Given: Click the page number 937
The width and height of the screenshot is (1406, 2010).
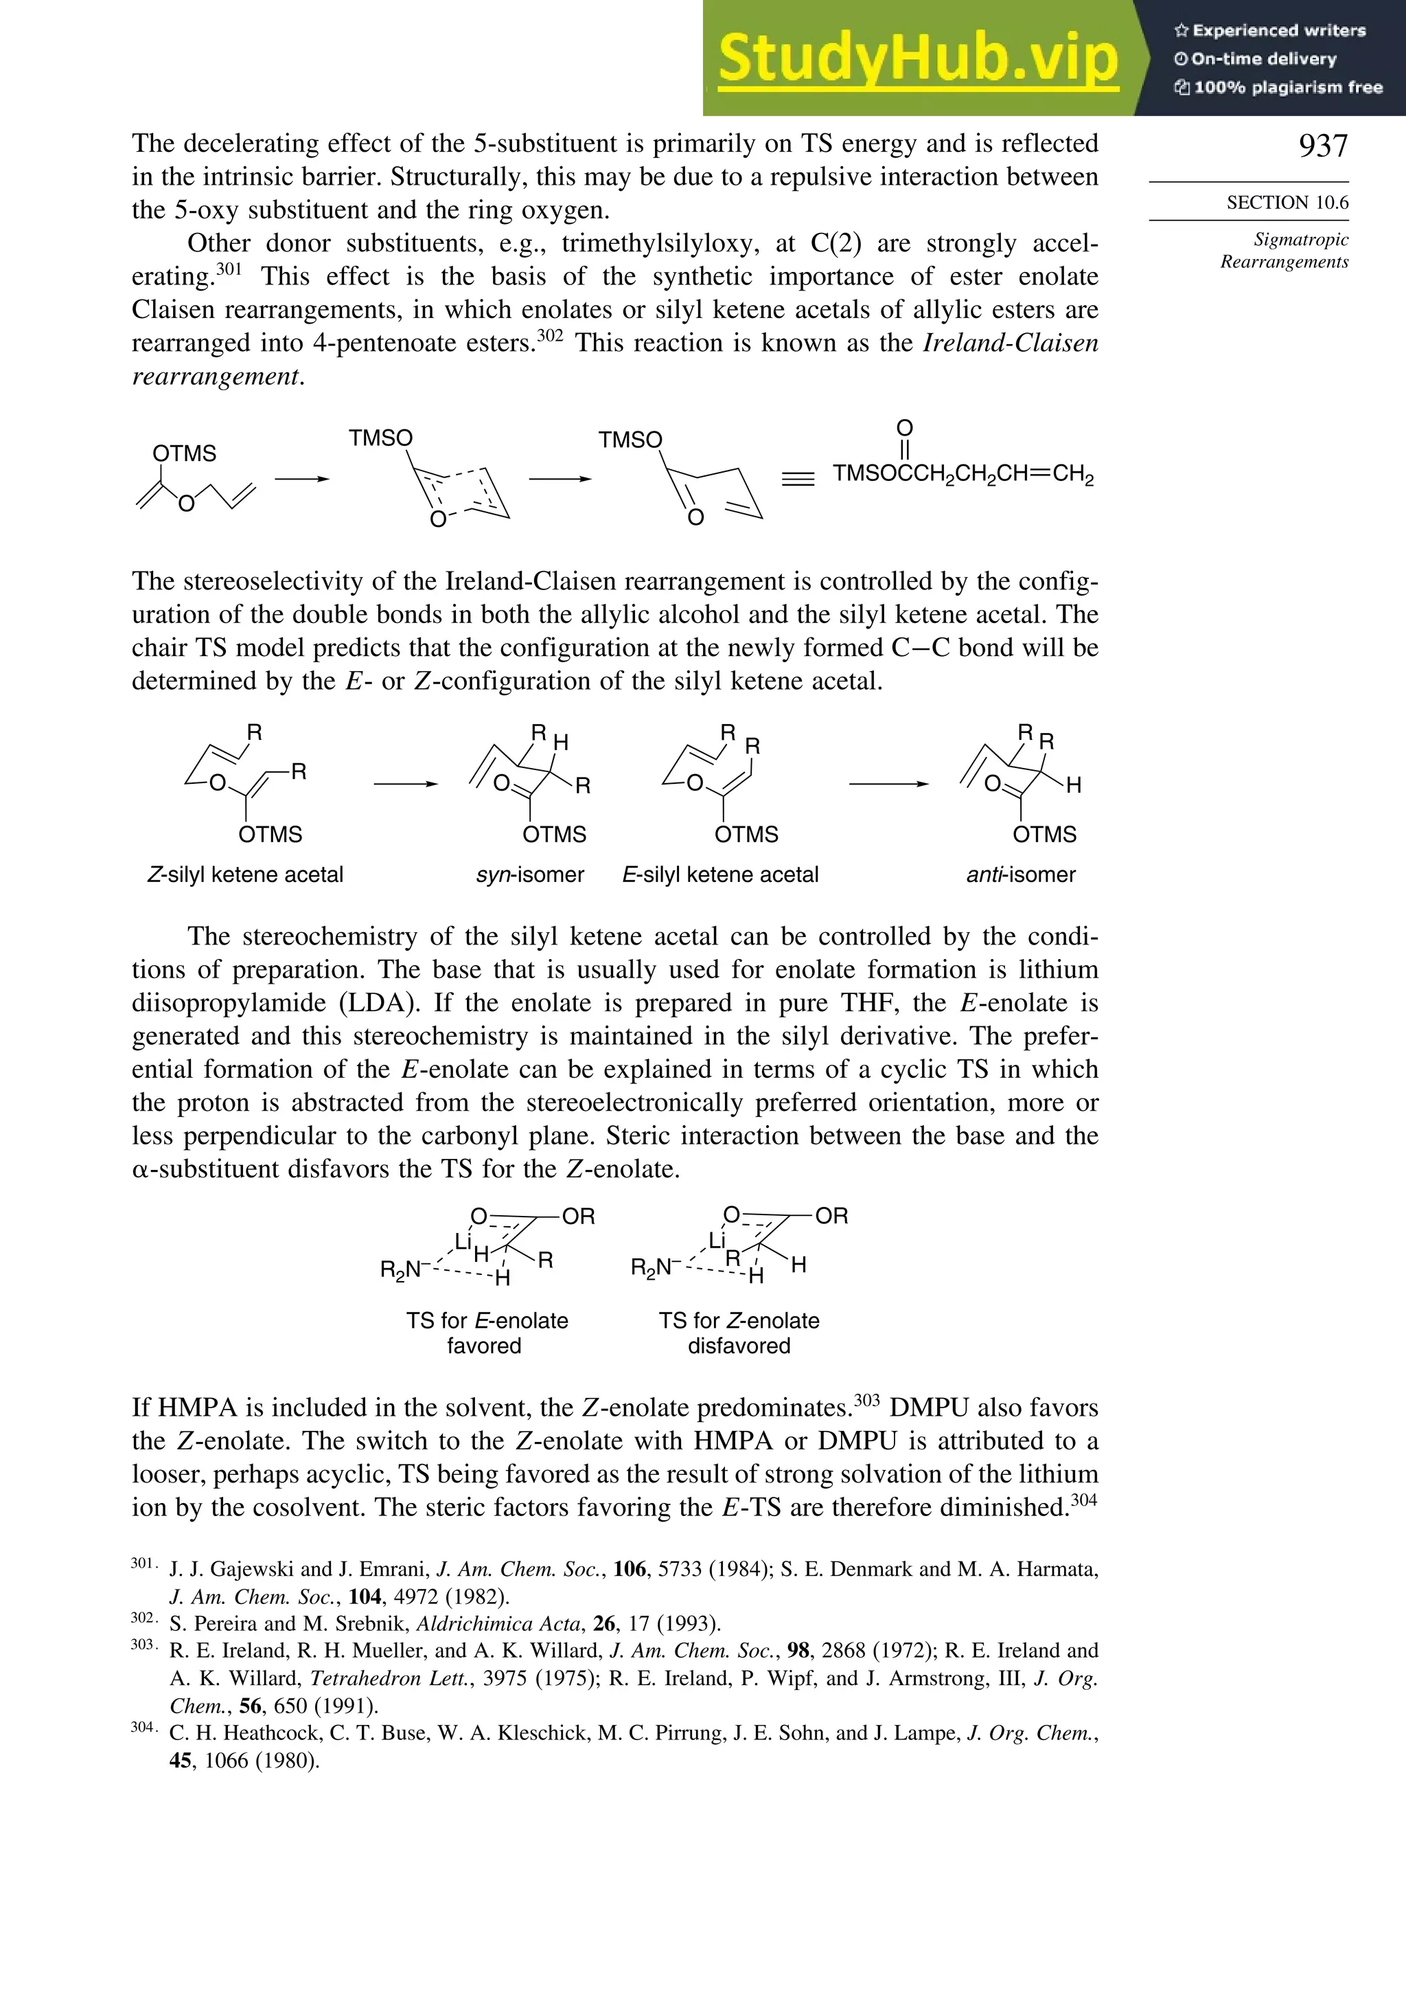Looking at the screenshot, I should point(1323,146).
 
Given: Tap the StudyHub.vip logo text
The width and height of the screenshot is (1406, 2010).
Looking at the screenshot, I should point(918,58).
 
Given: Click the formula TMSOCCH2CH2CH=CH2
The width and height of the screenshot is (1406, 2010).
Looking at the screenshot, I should point(963,475).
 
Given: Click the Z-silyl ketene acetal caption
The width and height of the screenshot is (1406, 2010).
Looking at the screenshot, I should point(245,874).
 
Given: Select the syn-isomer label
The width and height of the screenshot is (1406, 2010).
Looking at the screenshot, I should point(529,874).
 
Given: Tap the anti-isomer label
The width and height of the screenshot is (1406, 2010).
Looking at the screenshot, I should point(1020,874).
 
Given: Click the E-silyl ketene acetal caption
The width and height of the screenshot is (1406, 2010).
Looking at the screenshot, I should point(720,874).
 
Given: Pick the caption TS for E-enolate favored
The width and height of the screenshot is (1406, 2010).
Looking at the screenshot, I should point(487,1333).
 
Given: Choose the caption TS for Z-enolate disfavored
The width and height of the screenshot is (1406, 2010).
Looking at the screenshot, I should point(739,1333).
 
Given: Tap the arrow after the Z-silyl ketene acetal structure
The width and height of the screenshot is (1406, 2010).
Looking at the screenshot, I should point(405,784).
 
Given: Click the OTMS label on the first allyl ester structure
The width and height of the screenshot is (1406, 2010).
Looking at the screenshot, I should point(184,453).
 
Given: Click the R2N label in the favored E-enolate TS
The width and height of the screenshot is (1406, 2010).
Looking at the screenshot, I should point(399,1269).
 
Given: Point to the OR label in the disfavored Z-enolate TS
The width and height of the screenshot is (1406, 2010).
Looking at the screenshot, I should point(831,1216).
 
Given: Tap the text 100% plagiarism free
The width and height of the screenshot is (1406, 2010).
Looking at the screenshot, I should point(1278,87).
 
